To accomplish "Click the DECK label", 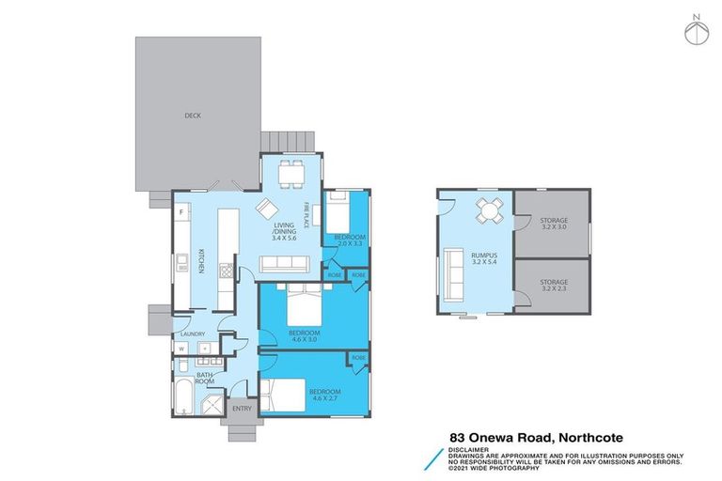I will [x=192, y=116].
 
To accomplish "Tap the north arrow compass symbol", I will [x=695, y=30].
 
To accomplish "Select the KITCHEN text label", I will [x=201, y=259].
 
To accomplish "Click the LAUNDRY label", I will [x=192, y=333].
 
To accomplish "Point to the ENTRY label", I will [x=242, y=408].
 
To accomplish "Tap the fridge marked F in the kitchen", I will [x=180, y=212].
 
